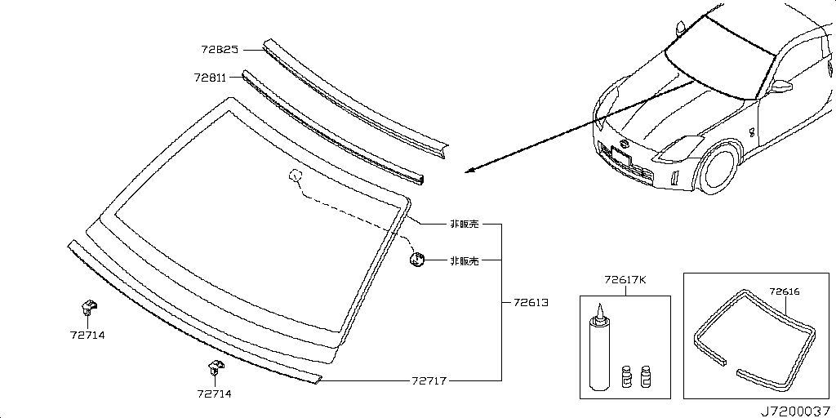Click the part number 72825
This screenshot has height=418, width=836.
[219, 50]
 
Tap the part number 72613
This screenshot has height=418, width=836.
[530, 302]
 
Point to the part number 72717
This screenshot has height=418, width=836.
[428, 380]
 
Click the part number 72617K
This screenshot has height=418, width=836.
[625, 280]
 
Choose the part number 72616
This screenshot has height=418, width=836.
[785, 290]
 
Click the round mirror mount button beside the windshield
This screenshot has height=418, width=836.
[417, 260]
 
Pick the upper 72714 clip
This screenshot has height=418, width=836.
[86, 309]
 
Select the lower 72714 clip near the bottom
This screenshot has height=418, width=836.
[214, 369]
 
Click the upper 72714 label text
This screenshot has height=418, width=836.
[87, 335]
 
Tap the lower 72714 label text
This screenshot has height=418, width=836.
[215, 394]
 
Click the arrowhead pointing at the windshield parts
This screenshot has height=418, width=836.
[467, 171]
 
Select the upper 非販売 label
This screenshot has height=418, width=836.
[463, 224]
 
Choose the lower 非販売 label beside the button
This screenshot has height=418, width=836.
[463, 261]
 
